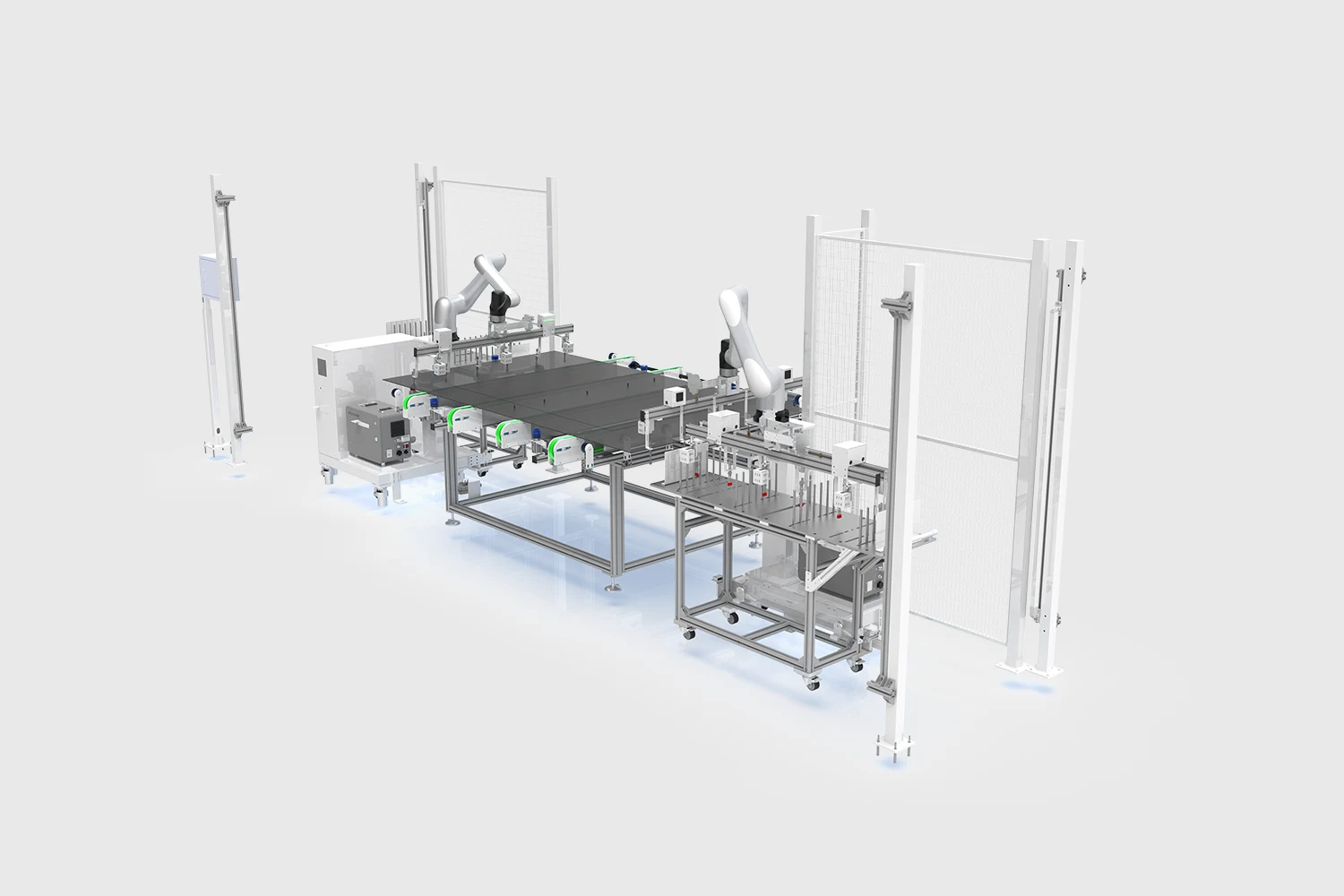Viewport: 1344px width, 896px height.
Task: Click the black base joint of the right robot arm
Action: pos(727,358)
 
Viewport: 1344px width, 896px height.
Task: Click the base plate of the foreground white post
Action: pos(892,745)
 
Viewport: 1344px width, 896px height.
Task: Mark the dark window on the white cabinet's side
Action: pos(320,368)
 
